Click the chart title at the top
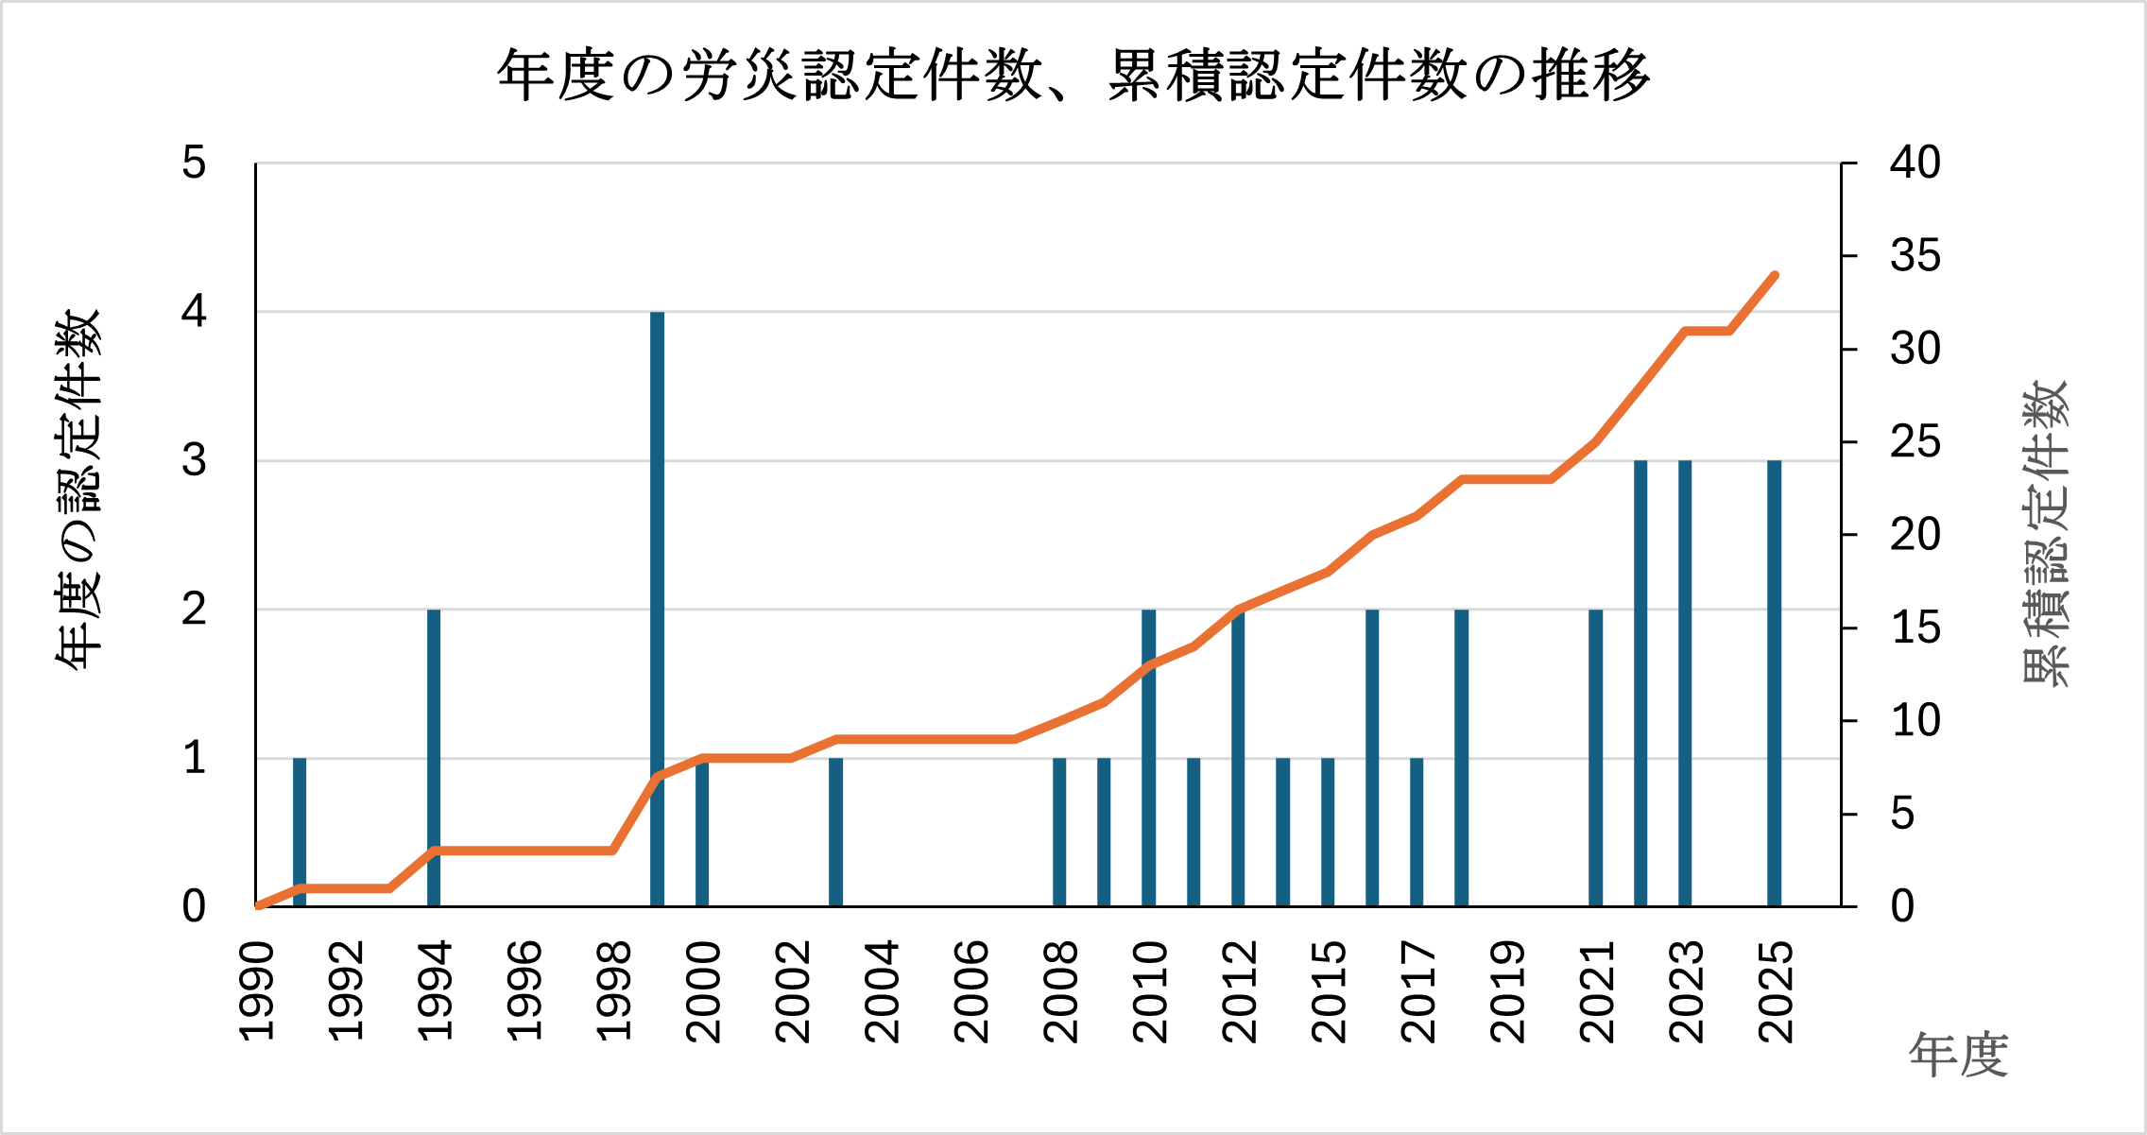coord(1073,76)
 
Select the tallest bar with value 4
coord(657,610)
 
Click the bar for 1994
coord(434,758)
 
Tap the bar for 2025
coord(1774,683)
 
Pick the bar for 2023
coord(1684,683)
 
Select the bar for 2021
coord(1595,758)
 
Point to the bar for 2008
coord(1059,832)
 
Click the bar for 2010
coord(1148,758)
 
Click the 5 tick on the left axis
coord(194,163)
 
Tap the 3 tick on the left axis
coord(194,461)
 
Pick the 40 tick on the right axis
coord(1915,163)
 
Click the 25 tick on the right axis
coord(1915,442)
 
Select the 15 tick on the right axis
coord(1915,628)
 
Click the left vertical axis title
coord(77,490)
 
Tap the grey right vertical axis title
coord(2045,534)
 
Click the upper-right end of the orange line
coord(1775,276)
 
